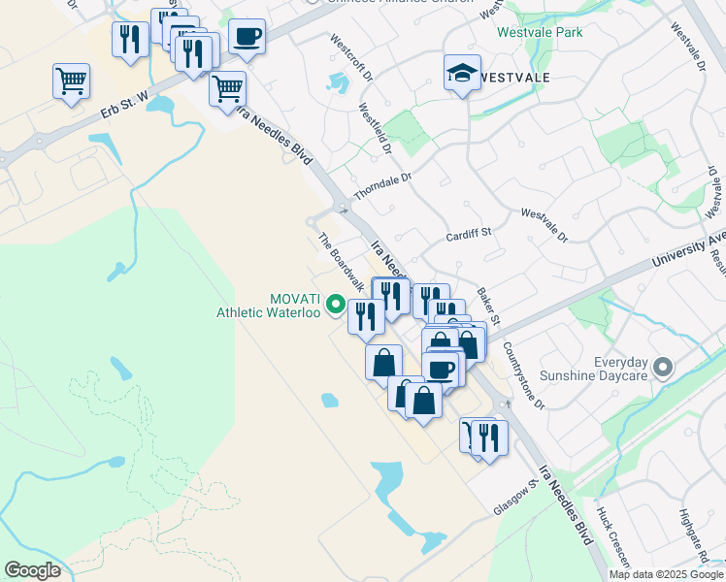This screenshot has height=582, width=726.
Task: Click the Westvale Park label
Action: click(539, 31)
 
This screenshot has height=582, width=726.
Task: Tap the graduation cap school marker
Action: click(462, 73)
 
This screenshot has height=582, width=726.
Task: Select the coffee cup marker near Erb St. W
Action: click(247, 38)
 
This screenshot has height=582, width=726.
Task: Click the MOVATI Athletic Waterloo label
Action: click(268, 306)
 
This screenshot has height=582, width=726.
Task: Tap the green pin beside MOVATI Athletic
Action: click(336, 305)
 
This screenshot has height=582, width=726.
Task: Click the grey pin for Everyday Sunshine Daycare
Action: click(663, 368)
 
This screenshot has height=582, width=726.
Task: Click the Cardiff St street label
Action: click(470, 234)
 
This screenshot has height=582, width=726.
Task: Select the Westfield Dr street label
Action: click(375, 130)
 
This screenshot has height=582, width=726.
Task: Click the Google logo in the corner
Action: click(32, 570)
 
